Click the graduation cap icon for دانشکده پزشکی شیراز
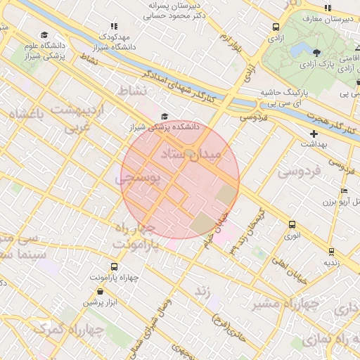(165, 117)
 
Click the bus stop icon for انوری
(292, 224)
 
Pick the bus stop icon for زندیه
(331, 250)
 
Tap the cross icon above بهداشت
(314, 133)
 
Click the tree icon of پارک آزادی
(316, 52)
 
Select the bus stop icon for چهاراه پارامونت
(115, 266)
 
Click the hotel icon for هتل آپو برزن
(343, 191)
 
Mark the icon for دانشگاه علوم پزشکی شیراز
(44, 34)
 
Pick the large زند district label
(203, 290)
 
